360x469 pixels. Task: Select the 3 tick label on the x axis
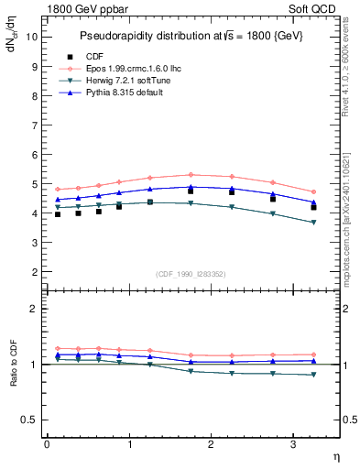point(293,443)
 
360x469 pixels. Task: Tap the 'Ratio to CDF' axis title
point(15,364)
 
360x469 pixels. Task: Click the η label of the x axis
point(336,455)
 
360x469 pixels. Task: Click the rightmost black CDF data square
point(314,207)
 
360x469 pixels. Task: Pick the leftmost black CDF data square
point(57,214)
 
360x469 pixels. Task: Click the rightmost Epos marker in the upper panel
point(314,192)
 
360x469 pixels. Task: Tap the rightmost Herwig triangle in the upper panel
point(314,223)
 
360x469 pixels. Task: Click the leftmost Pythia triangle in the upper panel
point(57,199)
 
